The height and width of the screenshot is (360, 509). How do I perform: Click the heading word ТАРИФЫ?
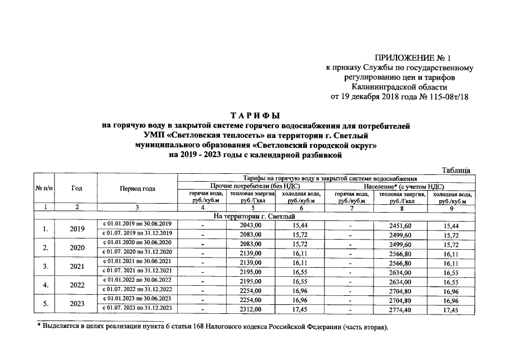click(x=254, y=115)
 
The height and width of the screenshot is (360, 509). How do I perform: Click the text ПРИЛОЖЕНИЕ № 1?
click(x=412, y=58)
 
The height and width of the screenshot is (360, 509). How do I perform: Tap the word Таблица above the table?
click(x=456, y=170)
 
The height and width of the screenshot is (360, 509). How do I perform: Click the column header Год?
click(x=77, y=188)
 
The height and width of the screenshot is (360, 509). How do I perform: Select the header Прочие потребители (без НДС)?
click(x=251, y=186)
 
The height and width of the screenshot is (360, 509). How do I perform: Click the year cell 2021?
click(x=77, y=266)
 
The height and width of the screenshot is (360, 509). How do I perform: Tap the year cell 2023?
click(x=77, y=304)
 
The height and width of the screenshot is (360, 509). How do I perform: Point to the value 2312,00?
click(x=251, y=309)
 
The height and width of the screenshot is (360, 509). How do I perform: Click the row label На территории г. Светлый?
click(x=254, y=216)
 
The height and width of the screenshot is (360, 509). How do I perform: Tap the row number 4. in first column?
click(x=45, y=285)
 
